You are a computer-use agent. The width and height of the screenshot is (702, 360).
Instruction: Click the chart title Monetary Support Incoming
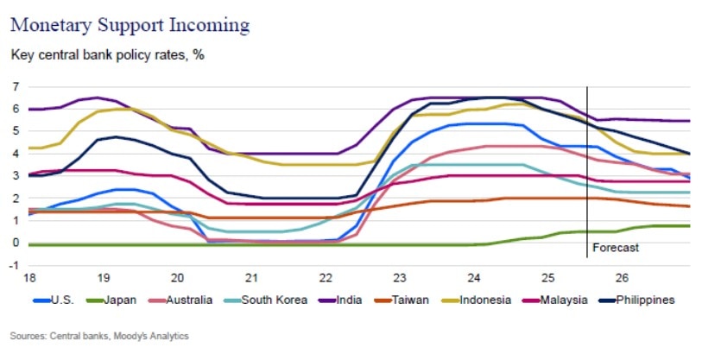point(130,23)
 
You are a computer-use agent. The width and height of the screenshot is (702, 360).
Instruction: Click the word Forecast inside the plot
point(615,249)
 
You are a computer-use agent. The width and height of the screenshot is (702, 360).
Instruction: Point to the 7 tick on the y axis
point(16,86)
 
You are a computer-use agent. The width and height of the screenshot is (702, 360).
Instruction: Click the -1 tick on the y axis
point(14,264)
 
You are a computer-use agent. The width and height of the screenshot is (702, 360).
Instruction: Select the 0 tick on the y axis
point(16,243)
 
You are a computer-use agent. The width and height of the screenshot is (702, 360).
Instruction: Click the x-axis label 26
point(621,279)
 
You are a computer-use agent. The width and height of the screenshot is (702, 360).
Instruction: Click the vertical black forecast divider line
point(587,173)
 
